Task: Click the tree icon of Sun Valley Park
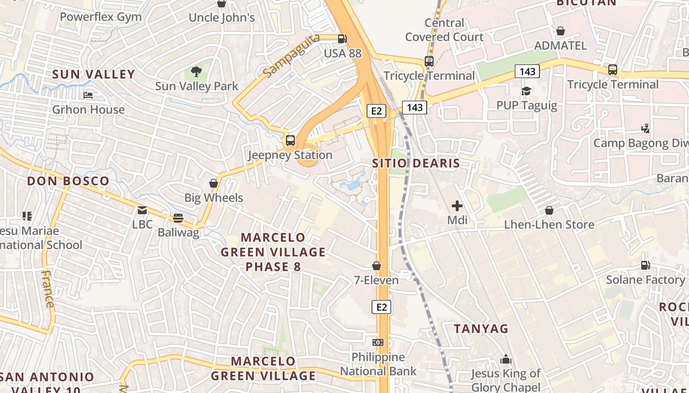[196, 72]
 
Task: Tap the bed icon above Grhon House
[89, 95]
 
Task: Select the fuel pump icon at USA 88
[343, 38]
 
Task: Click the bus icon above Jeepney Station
[290, 140]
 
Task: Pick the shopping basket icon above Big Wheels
[214, 183]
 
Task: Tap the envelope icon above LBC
[142, 210]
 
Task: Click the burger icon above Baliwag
[178, 218]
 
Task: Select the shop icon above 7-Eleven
[376, 266]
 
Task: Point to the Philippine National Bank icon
[378, 342]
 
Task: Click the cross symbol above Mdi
[457, 206]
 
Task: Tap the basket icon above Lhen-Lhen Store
[549, 210]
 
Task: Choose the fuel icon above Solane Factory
[645, 265]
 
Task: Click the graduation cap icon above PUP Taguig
[526, 91]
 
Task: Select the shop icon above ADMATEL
[560, 31]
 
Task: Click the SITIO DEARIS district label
[416, 164]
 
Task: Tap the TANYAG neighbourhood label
[481, 329]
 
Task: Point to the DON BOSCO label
[68, 181]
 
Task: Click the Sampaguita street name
[291, 56]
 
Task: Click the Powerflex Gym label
[100, 17]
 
